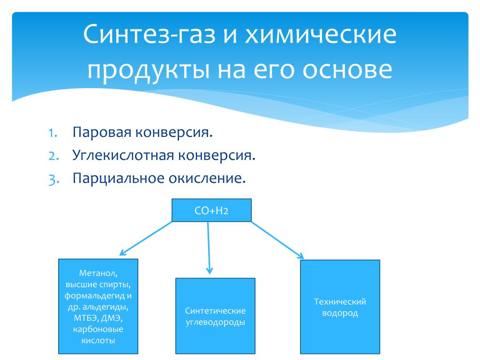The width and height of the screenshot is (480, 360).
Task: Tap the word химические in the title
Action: click(x=321, y=34)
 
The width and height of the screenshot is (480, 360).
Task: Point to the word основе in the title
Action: click(x=347, y=70)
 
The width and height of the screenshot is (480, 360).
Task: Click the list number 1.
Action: click(x=52, y=133)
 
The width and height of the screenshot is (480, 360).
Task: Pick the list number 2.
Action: click(x=53, y=156)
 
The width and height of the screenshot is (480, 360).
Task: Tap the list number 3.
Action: click(x=53, y=180)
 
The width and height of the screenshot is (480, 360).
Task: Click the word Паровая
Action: click(x=102, y=133)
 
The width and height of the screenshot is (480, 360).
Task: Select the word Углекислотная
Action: click(x=123, y=155)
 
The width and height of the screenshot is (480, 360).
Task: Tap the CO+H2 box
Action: click(x=211, y=210)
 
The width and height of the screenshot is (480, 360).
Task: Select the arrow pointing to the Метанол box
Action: click(x=146, y=239)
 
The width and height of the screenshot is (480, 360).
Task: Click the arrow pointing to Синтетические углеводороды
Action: click(x=209, y=248)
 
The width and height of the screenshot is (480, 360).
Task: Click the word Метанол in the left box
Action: click(x=98, y=273)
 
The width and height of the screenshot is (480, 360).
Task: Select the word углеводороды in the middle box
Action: click(x=215, y=322)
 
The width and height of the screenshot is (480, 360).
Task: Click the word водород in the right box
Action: click(x=340, y=313)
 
